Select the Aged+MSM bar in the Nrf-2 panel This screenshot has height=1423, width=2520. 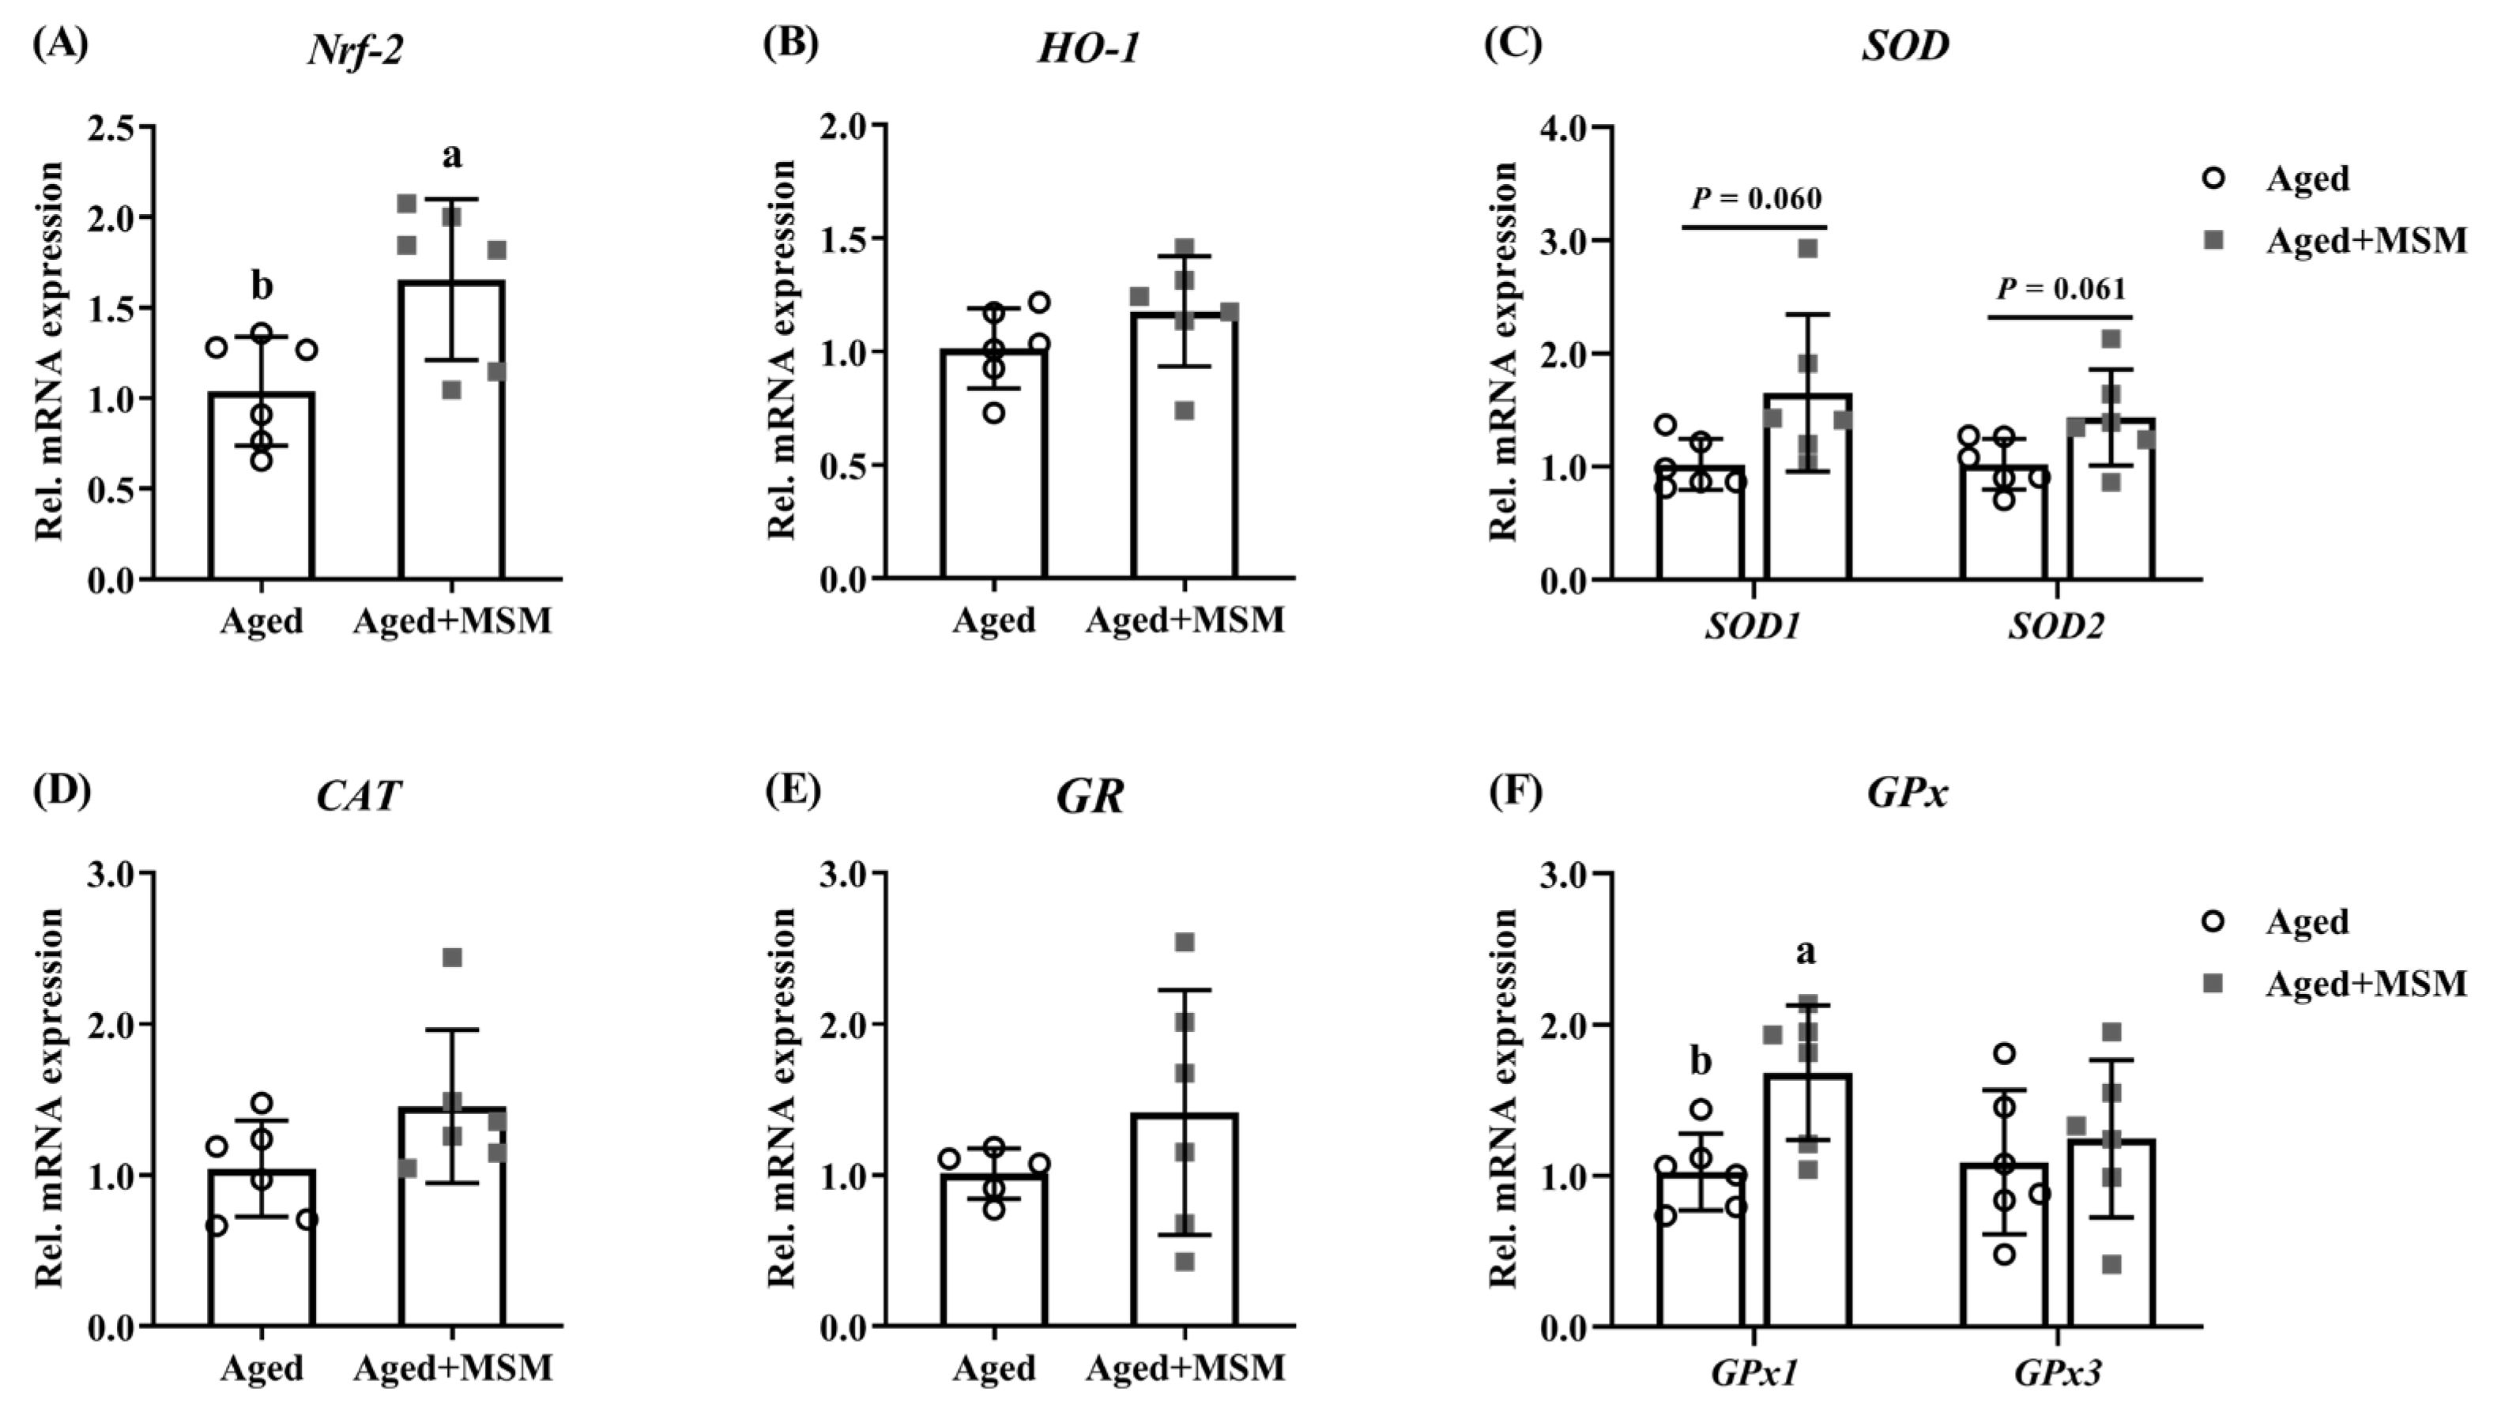(x=451, y=431)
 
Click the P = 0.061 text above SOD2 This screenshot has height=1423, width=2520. (x=2060, y=289)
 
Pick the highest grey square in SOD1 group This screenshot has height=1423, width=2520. (x=1808, y=248)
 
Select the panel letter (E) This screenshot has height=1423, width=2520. (x=793, y=790)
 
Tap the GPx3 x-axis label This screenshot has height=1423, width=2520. (x=2059, y=1374)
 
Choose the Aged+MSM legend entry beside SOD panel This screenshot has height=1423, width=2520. (x=2365, y=240)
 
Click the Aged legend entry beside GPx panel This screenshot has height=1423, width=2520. (x=2307, y=921)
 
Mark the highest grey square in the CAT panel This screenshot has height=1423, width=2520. (x=452, y=958)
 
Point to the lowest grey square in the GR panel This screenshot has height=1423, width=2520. (x=1185, y=1263)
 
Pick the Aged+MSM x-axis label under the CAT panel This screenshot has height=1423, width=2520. (x=452, y=1367)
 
